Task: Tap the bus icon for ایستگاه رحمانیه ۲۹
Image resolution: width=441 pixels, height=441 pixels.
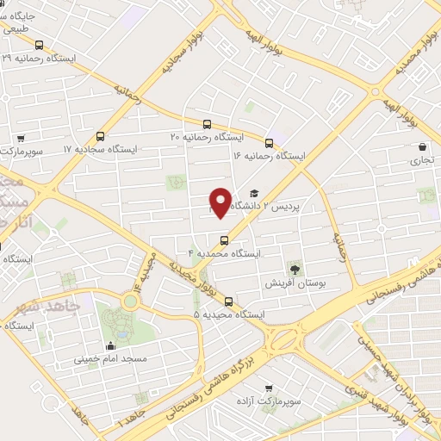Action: pos(39,45)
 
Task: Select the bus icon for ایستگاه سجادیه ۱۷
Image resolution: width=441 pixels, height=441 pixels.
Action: pos(101,136)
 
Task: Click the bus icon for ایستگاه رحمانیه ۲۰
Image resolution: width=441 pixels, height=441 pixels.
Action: pos(207,124)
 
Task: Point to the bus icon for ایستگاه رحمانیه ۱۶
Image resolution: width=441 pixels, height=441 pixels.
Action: pos(270,143)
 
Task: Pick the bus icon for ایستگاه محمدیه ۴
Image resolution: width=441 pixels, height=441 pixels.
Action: pos(225,240)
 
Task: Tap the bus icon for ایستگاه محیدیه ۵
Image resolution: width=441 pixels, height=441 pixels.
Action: pos(229,301)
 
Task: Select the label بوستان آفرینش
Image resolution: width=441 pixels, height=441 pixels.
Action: pos(297,283)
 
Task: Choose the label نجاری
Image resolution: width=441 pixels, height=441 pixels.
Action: pos(421,160)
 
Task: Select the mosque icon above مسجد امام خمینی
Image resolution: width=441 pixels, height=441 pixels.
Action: pos(110,346)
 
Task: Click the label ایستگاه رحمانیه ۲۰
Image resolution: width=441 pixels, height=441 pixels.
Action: pos(207,137)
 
